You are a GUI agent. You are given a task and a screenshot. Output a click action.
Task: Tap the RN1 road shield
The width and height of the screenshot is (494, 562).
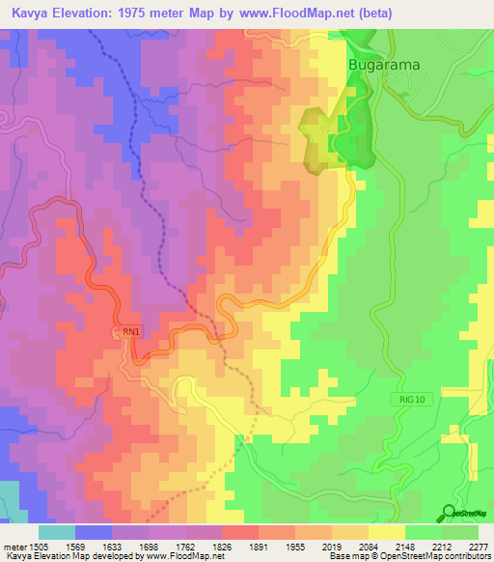click(132, 332)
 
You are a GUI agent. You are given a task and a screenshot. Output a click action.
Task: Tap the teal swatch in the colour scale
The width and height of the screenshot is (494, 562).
click(57, 531)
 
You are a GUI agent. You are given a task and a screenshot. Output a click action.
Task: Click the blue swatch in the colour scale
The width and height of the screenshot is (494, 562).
click(94, 531)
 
